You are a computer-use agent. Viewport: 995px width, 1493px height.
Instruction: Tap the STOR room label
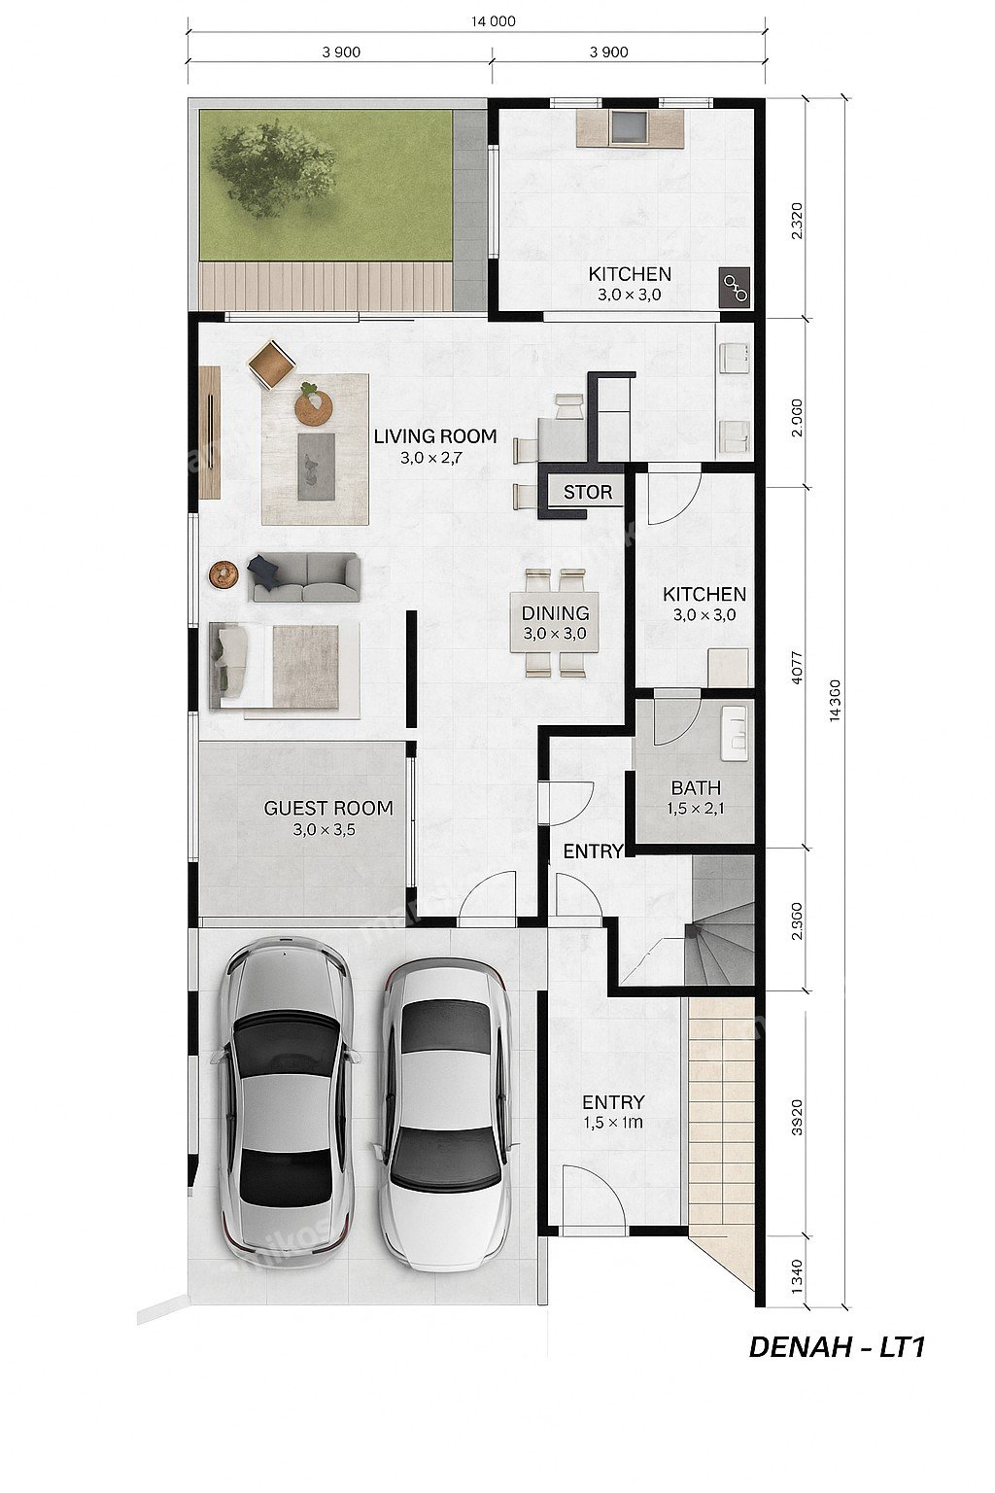coord(587,493)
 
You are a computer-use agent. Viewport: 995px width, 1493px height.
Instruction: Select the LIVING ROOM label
coord(435,436)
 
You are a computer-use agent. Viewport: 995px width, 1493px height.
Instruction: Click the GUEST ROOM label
coord(328,809)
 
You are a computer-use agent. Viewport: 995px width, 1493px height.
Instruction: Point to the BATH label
coord(696,788)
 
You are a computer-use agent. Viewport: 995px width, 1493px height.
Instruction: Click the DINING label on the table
coord(555,612)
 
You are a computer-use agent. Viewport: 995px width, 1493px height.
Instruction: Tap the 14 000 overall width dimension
coord(494,21)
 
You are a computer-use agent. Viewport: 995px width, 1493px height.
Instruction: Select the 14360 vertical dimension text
coord(836,702)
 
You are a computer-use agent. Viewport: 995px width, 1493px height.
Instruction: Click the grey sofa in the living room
coord(305,577)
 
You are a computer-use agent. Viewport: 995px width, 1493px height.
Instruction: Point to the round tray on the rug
coord(314,407)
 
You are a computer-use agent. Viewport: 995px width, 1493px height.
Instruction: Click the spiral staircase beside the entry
coord(720,920)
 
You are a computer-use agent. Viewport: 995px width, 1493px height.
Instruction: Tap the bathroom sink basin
coord(735,733)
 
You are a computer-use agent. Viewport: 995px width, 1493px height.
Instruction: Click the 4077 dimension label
coord(799,667)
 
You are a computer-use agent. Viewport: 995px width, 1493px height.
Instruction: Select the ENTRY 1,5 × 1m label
coord(613,1112)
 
